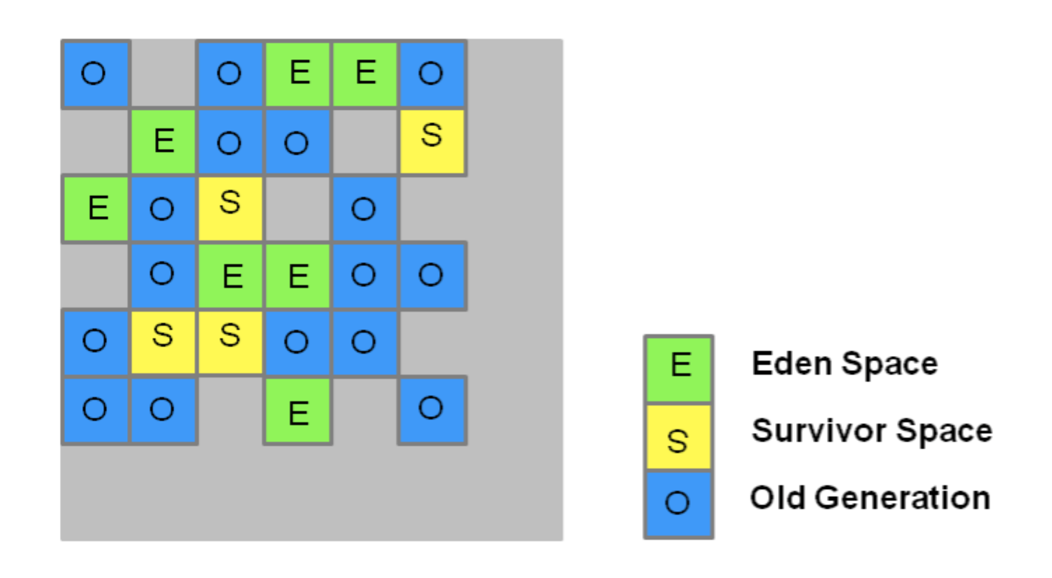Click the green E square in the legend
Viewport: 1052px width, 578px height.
coord(678,369)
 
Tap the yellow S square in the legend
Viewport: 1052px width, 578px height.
coord(678,437)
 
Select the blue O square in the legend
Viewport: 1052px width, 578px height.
coord(678,504)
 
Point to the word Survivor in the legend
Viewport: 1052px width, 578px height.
coord(820,431)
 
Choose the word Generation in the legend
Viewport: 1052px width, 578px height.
coord(902,498)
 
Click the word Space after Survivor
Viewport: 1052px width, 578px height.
coord(944,431)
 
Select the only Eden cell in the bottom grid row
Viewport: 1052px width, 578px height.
coord(297,411)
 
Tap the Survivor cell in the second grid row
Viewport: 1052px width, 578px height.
coord(432,141)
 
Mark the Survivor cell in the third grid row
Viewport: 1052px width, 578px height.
coord(230,208)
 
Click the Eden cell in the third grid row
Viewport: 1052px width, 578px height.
coord(96,208)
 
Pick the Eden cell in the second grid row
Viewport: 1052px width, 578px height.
coord(163,141)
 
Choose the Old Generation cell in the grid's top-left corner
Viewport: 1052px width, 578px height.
coord(96,73)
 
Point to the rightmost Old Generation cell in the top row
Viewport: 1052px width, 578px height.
coord(432,73)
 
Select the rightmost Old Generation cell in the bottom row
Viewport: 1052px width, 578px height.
coord(432,411)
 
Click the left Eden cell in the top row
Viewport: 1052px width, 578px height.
coord(297,73)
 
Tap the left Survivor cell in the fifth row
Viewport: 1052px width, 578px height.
coord(163,342)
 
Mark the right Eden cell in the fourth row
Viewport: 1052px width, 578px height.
coord(297,276)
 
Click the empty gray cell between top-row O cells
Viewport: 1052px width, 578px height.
coord(163,73)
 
